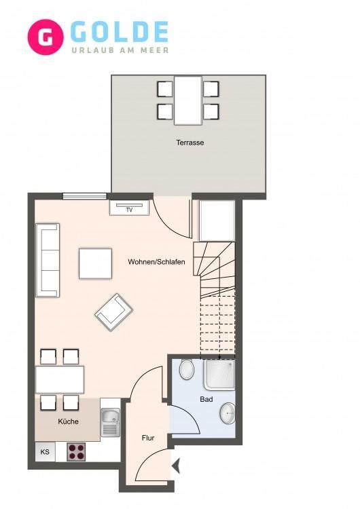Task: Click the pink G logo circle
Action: click(x=46, y=37)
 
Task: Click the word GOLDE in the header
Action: click(x=120, y=32)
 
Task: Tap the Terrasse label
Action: click(x=190, y=143)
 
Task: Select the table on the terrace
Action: click(x=187, y=100)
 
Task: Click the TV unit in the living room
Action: click(x=129, y=208)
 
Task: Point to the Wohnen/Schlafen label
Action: click(x=156, y=262)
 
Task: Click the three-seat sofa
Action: click(x=48, y=260)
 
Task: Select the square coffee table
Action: click(x=96, y=263)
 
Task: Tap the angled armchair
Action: click(x=113, y=312)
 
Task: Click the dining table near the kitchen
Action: click(x=60, y=379)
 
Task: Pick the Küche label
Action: click(x=68, y=421)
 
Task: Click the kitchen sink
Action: click(x=111, y=422)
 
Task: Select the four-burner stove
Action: click(x=76, y=451)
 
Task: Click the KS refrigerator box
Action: click(x=45, y=451)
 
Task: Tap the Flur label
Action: click(x=148, y=438)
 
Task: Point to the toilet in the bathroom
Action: click(x=187, y=369)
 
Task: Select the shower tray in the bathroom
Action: click(x=219, y=374)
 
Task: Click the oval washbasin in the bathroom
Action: click(x=228, y=413)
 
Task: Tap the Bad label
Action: click(x=206, y=399)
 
